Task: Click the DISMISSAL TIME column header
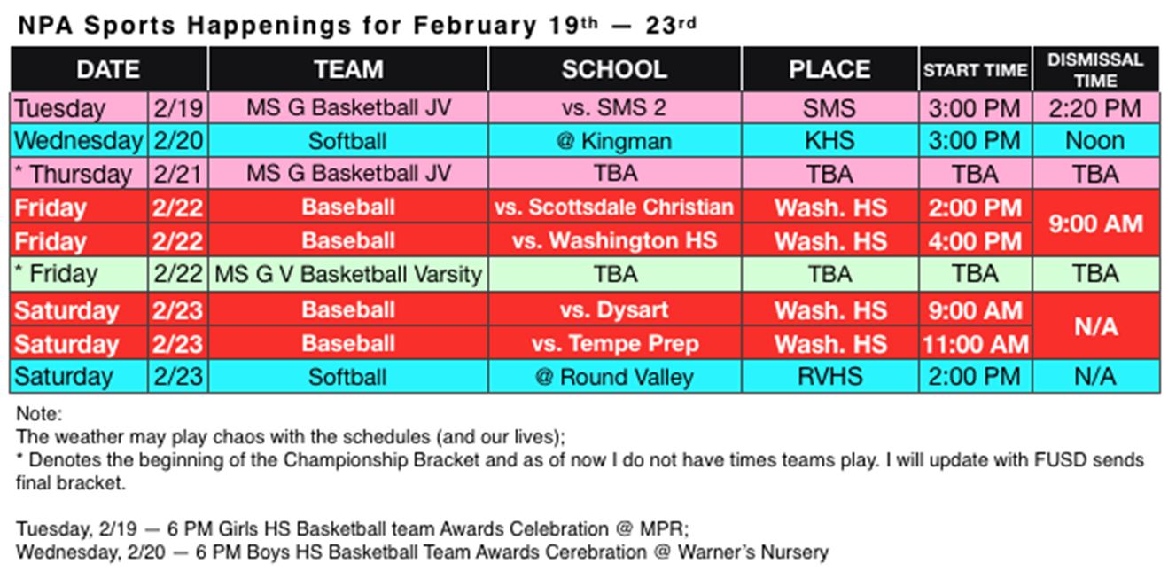[x=1095, y=69]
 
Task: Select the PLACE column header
[x=830, y=69]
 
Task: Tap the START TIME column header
[x=976, y=69]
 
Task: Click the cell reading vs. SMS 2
[x=614, y=107]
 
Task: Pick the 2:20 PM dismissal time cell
[x=1095, y=108]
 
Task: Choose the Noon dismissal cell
[x=1095, y=140]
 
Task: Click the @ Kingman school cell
[x=614, y=140]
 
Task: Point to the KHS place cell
[x=830, y=140]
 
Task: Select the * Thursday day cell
[x=79, y=174]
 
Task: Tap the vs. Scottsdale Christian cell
[x=614, y=207]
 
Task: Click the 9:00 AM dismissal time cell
[x=1095, y=223]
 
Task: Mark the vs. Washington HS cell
[x=614, y=240]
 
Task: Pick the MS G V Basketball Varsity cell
[x=348, y=274]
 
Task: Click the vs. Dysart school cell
[x=614, y=310]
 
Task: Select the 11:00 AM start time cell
[x=976, y=344]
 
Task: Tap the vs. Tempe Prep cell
[x=614, y=344]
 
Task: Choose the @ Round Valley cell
[x=614, y=376]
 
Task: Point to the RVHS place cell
[x=830, y=376]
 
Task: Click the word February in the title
[x=475, y=26]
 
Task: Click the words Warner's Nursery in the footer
[x=753, y=552]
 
